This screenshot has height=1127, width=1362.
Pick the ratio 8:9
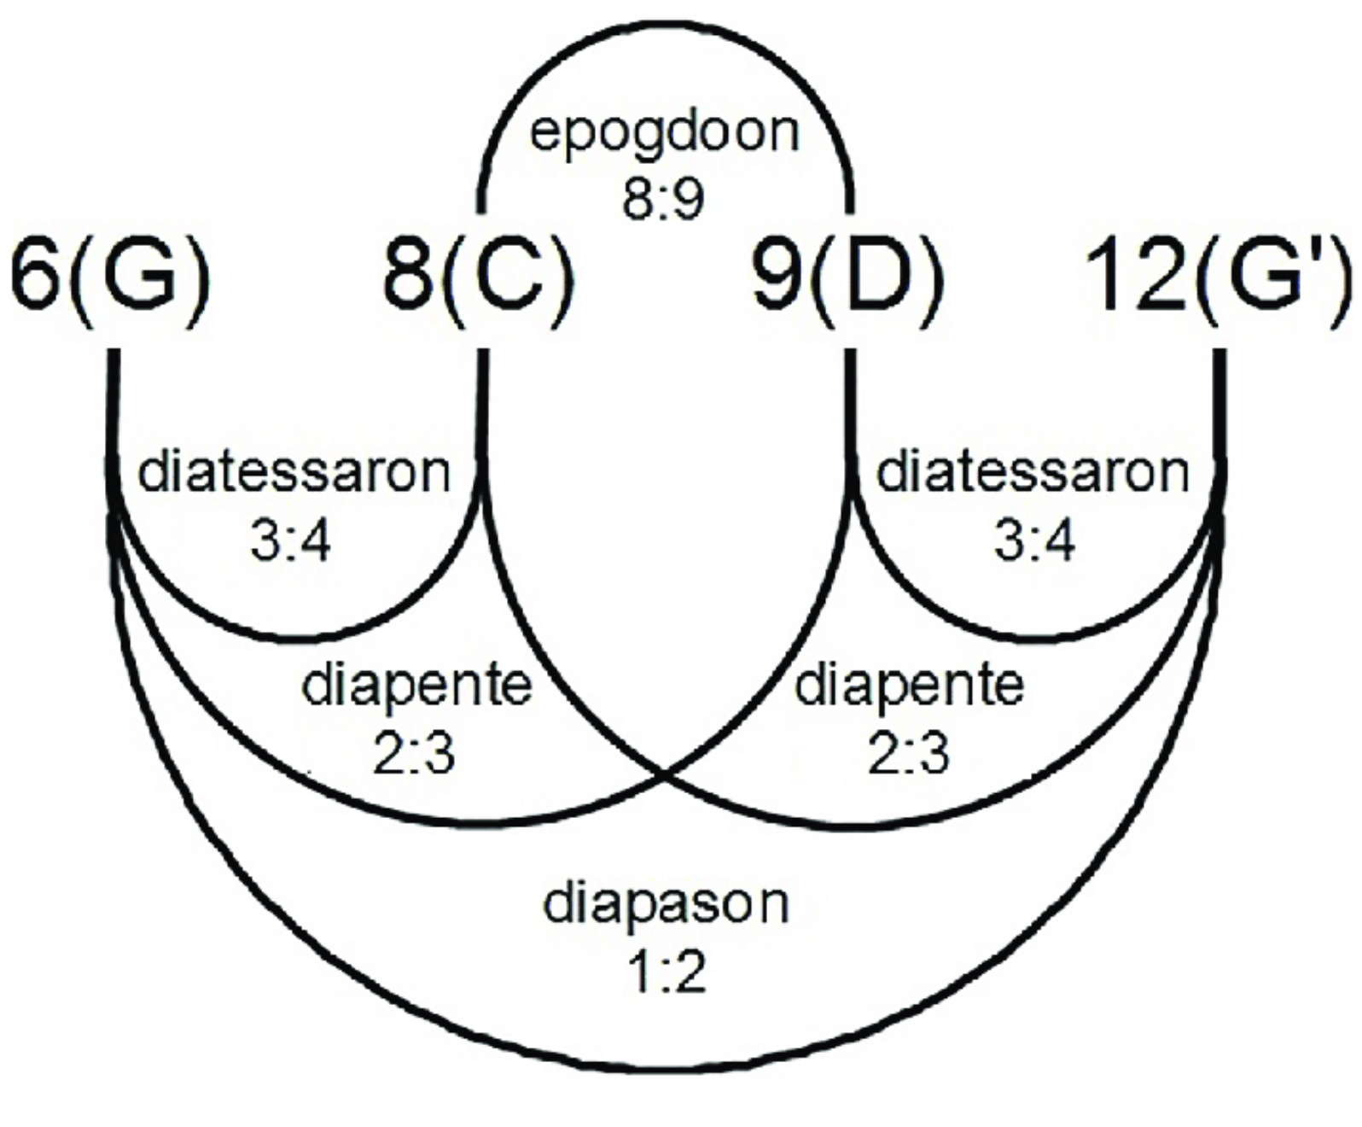[664, 200]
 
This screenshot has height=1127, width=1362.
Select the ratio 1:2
[666, 972]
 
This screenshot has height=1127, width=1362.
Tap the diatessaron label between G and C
[294, 472]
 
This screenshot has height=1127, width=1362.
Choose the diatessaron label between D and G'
[1033, 472]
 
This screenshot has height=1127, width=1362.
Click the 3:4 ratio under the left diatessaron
[291, 541]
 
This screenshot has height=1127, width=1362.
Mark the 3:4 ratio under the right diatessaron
[1034, 541]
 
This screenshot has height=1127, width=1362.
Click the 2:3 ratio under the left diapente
[414, 754]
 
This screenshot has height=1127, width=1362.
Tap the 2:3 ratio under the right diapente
[909, 754]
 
